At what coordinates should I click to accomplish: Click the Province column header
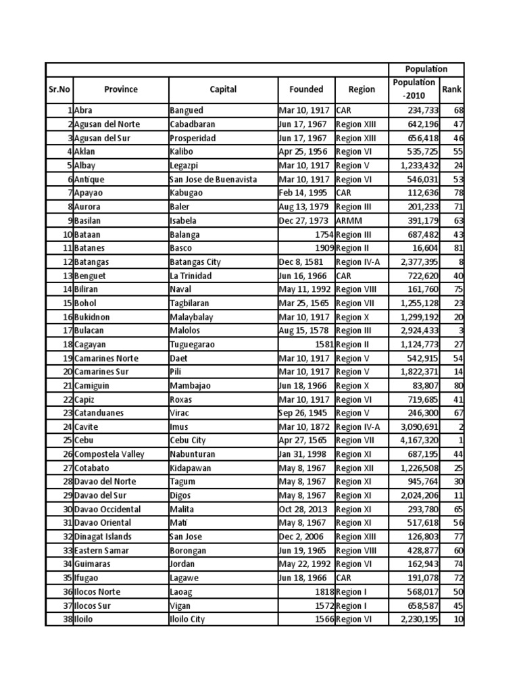point(120,89)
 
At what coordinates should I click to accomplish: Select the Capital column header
point(222,89)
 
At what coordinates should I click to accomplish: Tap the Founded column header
point(306,89)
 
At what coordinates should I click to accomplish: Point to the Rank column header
point(451,89)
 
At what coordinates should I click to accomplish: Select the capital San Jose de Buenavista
point(214,179)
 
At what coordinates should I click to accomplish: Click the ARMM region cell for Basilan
point(347,220)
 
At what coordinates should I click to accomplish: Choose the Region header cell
point(362,89)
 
